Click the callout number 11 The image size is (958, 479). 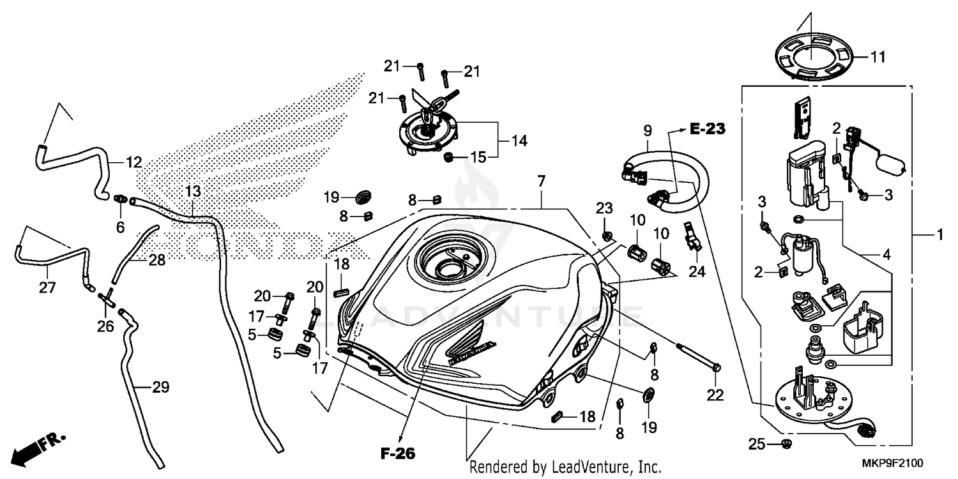(878, 57)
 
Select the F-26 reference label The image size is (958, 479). (398, 454)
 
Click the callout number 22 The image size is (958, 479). (715, 395)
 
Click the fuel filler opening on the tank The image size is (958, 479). (444, 263)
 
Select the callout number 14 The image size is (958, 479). (519, 141)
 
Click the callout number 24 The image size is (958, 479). (697, 271)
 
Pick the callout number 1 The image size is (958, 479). (939, 236)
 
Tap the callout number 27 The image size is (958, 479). (47, 288)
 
